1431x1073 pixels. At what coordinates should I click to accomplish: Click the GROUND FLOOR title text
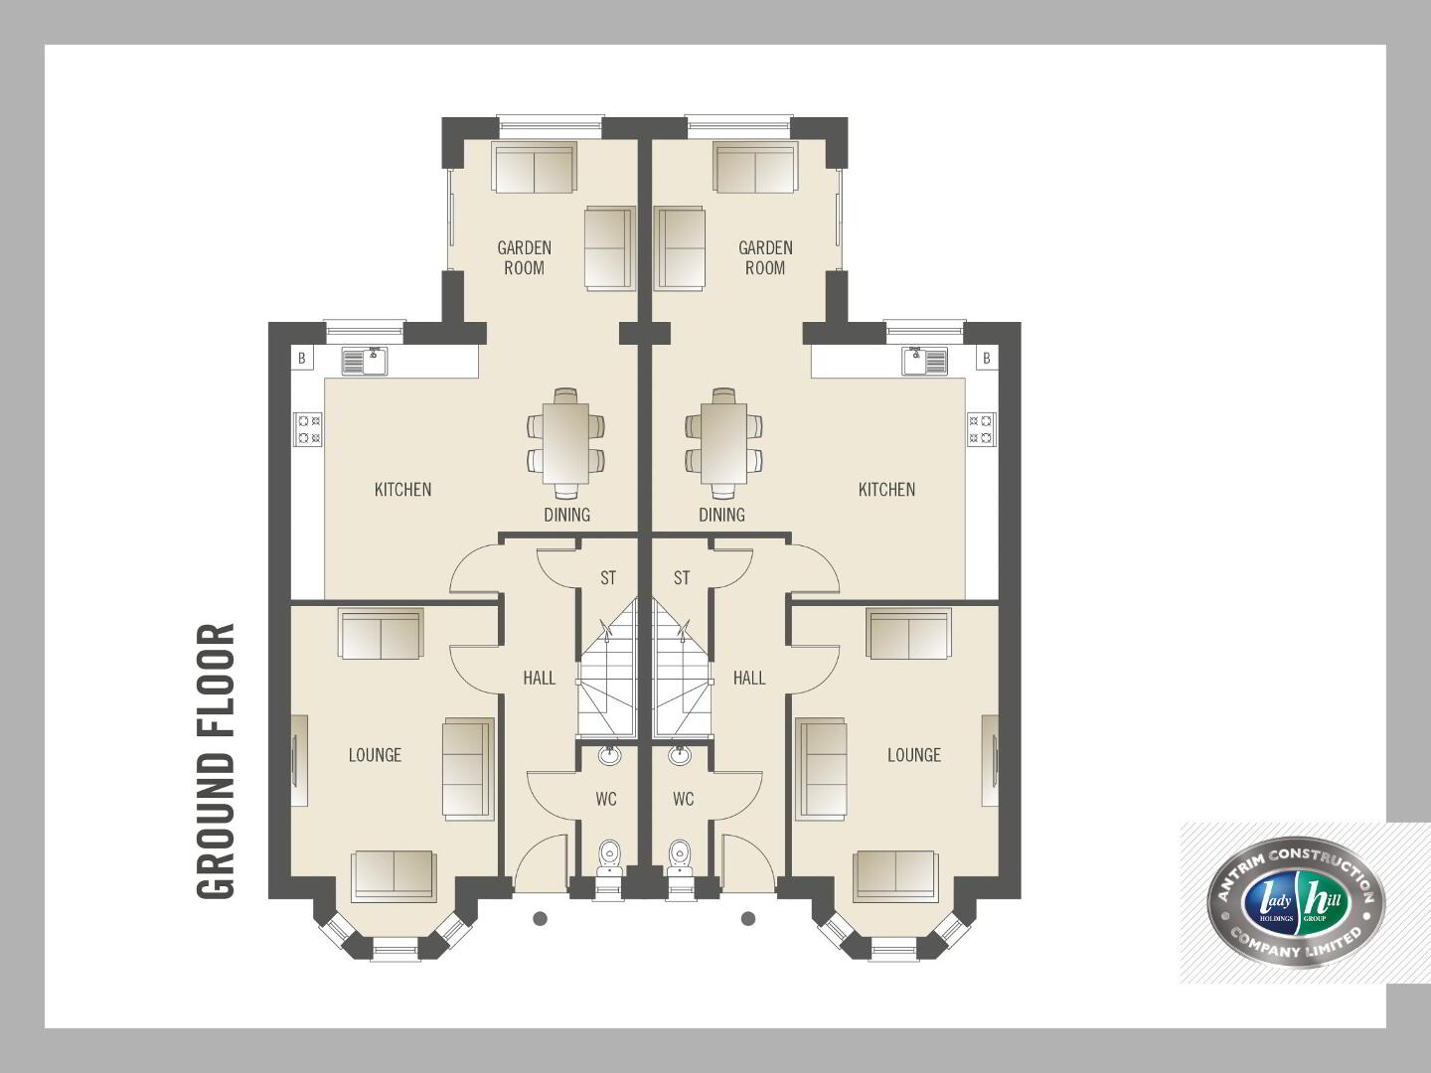coord(216,761)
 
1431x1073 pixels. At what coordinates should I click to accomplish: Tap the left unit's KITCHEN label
coord(402,489)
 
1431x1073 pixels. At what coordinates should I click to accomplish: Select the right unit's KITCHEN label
coord(886,489)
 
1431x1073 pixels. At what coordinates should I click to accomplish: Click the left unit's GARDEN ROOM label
coord(524,257)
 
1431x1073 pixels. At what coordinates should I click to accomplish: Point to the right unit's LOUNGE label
coord(914,755)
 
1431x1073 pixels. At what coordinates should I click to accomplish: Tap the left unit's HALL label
coord(540,679)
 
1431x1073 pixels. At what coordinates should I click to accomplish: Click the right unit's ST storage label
coord(682,578)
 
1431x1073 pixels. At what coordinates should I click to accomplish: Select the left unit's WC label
coord(606,799)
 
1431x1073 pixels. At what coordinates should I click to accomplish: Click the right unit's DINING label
coord(721,515)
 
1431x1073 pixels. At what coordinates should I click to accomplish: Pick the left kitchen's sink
coord(365,362)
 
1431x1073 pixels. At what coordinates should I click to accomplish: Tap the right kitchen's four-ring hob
coord(982,428)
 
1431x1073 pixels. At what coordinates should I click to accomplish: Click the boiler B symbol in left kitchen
coord(302,359)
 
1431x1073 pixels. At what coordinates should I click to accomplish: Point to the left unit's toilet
coord(609,854)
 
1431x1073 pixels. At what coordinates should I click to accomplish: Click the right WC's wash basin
coord(680,755)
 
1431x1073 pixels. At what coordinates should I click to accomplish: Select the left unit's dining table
coord(565,444)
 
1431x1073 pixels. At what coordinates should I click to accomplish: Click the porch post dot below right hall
coord(748,919)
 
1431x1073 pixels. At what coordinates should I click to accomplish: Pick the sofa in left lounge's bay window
coord(394,875)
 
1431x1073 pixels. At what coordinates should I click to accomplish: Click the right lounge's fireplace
coord(991,761)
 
